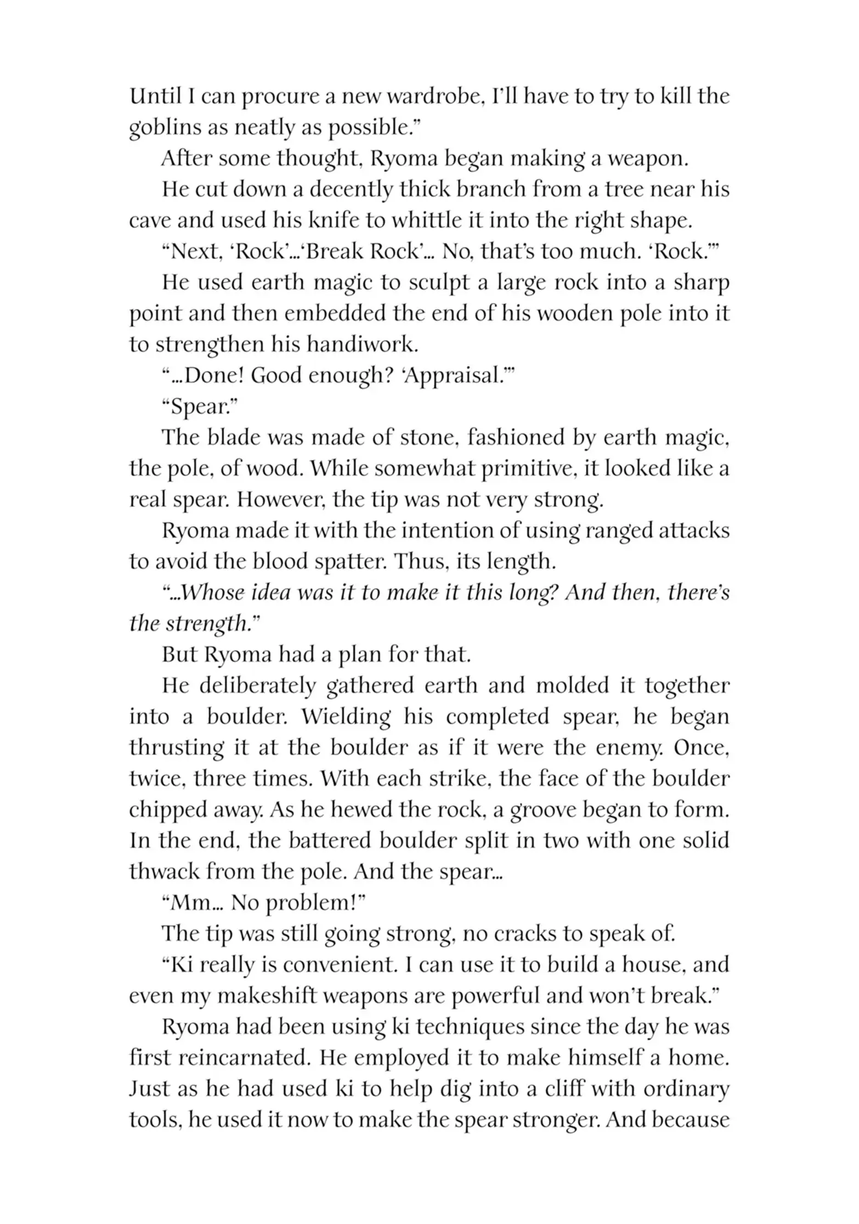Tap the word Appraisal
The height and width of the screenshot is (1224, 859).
click(445, 376)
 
